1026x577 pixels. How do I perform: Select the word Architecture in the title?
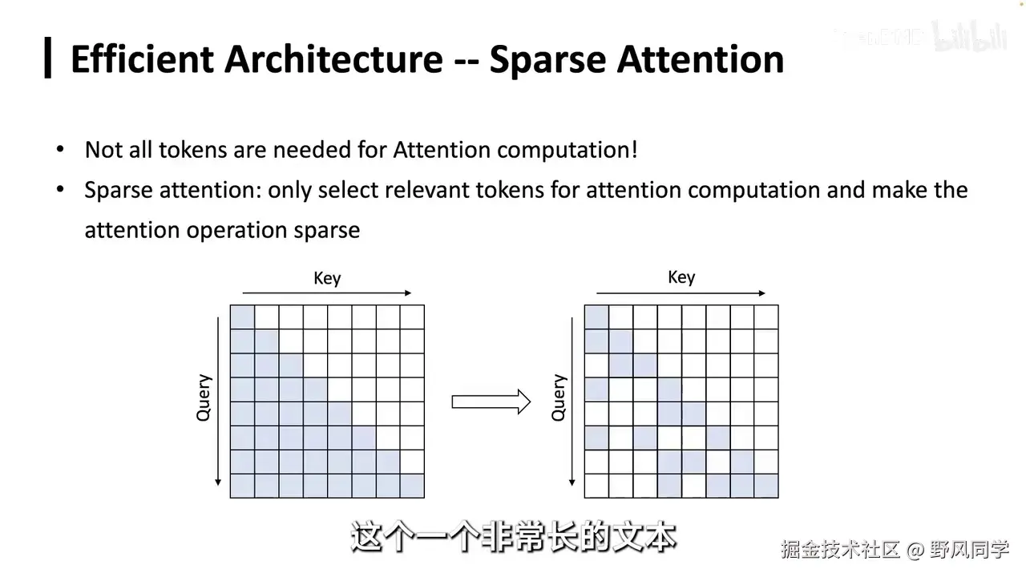(334, 59)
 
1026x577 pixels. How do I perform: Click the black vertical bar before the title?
(48, 58)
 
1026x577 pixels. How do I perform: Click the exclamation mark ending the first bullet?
(634, 150)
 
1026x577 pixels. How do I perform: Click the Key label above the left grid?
(327, 278)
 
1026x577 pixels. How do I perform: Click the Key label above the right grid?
(681, 277)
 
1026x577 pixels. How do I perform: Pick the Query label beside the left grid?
(204, 397)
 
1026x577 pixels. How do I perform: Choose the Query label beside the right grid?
(559, 397)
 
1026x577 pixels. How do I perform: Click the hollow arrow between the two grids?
(491, 401)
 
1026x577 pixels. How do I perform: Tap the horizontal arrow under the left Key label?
(326, 293)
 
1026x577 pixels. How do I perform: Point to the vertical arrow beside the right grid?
(572, 401)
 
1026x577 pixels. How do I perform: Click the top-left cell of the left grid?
(243, 317)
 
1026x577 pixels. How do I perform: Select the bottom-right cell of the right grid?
(766, 486)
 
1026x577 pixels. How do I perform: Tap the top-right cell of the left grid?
(412, 317)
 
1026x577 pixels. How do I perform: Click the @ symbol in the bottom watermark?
(916, 550)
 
